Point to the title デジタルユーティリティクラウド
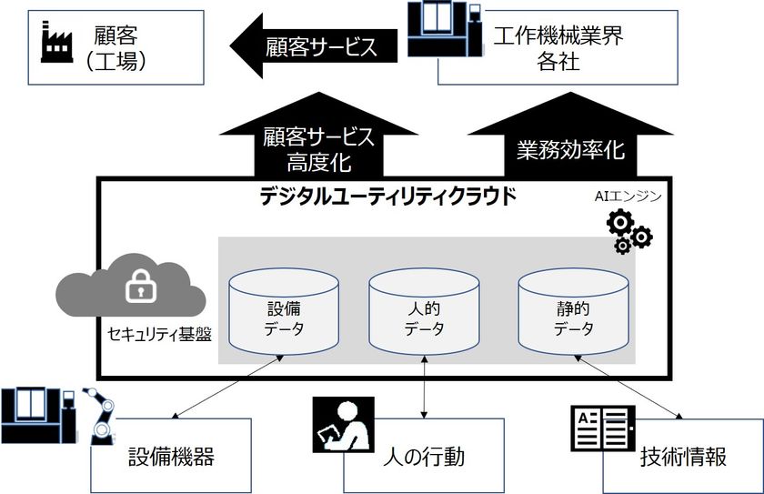pyautogui.click(x=387, y=193)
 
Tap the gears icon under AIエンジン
pyautogui.click(x=628, y=230)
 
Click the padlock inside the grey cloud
pyautogui.click(x=137, y=289)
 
